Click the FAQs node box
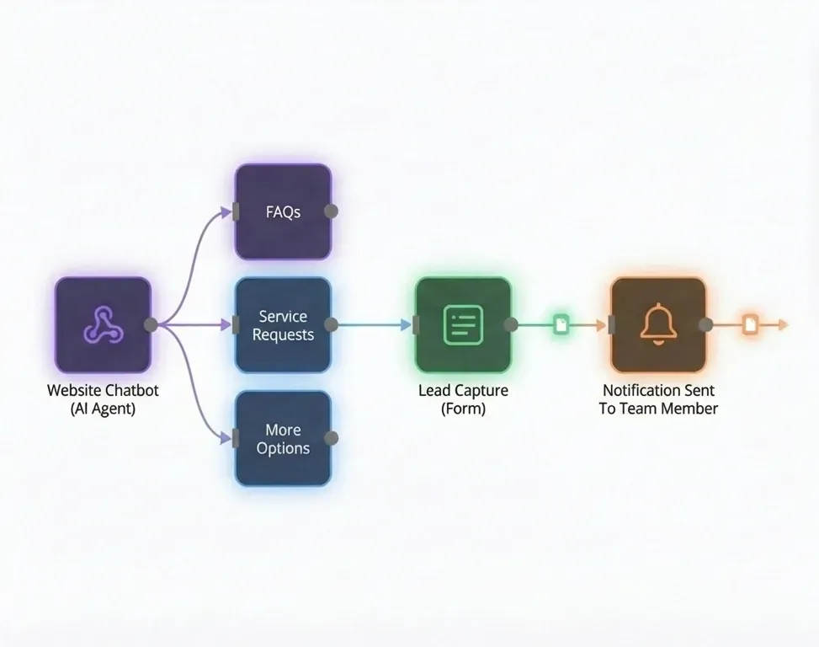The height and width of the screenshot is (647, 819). pos(283,211)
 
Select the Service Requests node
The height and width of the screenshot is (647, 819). pos(283,325)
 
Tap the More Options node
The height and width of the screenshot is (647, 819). pos(283,439)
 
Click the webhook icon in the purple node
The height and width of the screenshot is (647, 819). pos(103,324)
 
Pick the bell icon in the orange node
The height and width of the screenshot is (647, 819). pos(658,324)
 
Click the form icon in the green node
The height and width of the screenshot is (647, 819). pos(463,324)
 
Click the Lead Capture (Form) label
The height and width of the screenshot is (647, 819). pos(463,399)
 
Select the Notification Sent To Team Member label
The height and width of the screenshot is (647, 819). pos(658,399)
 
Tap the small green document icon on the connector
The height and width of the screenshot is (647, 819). pos(561,324)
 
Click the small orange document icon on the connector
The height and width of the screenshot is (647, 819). pos(751,324)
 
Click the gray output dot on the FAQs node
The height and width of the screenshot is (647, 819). pos(331,211)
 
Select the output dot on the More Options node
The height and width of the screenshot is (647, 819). pos(331,438)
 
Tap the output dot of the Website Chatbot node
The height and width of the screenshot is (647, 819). pos(151,324)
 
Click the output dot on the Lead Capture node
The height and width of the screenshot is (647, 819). pos(511,324)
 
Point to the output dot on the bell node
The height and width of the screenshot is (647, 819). pos(706,324)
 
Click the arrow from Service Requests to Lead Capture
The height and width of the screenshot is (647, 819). pos(375,324)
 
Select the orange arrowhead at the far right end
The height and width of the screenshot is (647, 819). pos(783,324)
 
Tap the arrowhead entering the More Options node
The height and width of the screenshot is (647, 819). pos(225,438)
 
